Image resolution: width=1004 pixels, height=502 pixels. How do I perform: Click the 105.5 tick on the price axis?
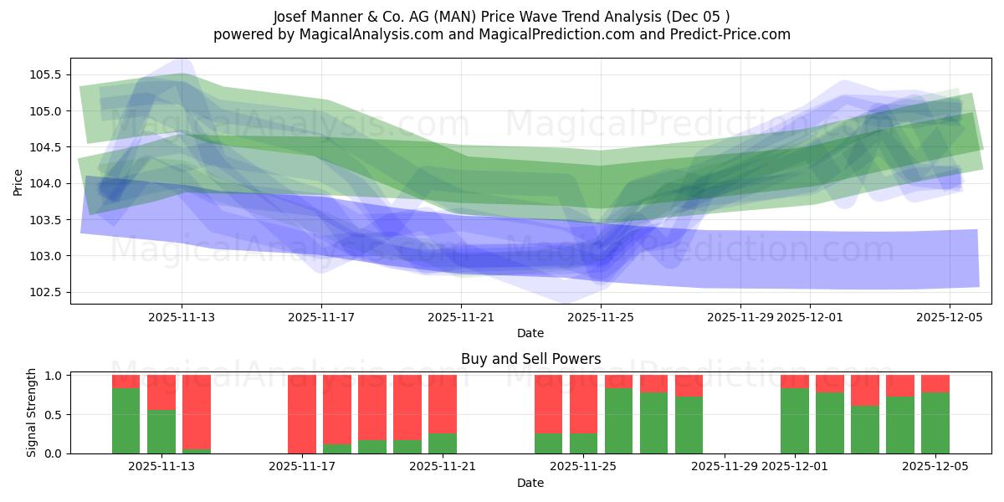click(x=47, y=74)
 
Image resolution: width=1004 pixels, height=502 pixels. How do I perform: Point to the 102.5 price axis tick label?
click(x=47, y=292)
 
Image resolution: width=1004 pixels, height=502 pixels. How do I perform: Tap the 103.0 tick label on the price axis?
click(x=47, y=256)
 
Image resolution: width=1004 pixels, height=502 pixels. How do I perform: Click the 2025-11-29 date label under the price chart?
click(x=740, y=317)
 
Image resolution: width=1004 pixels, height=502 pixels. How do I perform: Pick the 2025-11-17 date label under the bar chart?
click(x=303, y=467)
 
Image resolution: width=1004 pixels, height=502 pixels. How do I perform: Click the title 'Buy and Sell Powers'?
click(x=530, y=359)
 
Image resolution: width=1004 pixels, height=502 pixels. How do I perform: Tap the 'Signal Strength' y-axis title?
click(x=32, y=413)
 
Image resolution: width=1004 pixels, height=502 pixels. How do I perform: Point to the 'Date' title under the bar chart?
click(x=530, y=483)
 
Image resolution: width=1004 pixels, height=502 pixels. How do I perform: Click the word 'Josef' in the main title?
click(x=291, y=17)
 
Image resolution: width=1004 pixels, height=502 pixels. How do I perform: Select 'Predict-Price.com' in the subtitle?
click(x=729, y=34)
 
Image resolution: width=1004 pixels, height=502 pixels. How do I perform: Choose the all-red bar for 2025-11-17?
click(x=302, y=414)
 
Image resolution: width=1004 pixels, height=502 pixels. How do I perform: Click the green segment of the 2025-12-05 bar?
click(x=935, y=423)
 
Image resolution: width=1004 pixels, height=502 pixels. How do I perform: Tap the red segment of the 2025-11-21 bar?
click(x=443, y=403)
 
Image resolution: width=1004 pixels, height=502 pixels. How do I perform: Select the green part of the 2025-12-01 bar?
click(x=795, y=421)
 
